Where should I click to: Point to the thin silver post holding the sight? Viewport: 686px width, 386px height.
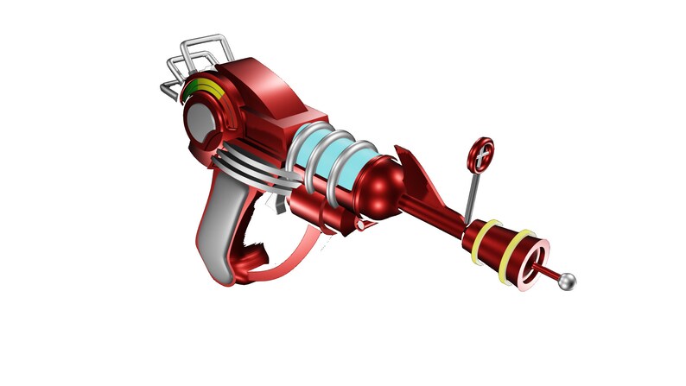click(471, 195)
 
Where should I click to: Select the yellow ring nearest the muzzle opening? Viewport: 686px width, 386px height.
click(521, 244)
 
